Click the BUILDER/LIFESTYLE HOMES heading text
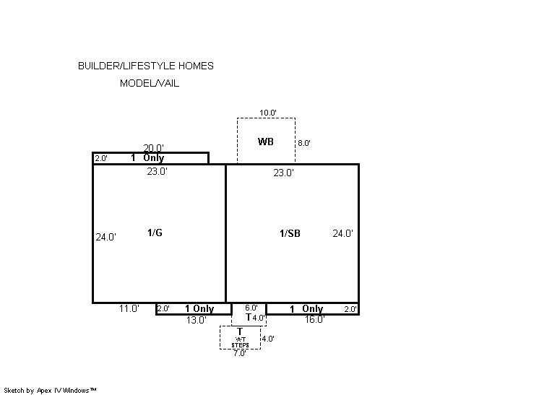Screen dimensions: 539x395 (146, 66)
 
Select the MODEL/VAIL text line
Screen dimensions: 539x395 (150, 83)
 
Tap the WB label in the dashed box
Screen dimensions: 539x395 (266, 142)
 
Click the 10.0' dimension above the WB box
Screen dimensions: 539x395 (268, 113)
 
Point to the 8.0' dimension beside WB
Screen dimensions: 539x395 (304, 143)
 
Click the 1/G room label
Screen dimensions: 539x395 (155, 233)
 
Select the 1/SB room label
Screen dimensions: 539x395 (290, 233)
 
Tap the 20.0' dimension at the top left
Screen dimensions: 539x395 (153, 148)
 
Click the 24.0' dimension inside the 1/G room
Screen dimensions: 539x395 (106, 237)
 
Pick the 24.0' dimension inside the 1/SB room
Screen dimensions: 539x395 (342, 233)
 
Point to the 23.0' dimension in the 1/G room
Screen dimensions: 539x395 (157, 171)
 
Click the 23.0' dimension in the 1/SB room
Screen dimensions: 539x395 (284, 173)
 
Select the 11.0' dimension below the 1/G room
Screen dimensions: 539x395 (129, 308)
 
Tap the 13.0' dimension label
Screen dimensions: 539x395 (197, 320)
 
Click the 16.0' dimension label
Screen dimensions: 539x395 (314, 319)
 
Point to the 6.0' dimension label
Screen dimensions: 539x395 (251, 308)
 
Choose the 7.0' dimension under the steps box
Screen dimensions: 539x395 (240, 353)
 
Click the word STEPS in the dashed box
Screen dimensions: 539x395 (240, 345)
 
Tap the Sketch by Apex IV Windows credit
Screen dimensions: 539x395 (50, 391)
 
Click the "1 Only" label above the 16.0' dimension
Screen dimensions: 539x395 (306, 309)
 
